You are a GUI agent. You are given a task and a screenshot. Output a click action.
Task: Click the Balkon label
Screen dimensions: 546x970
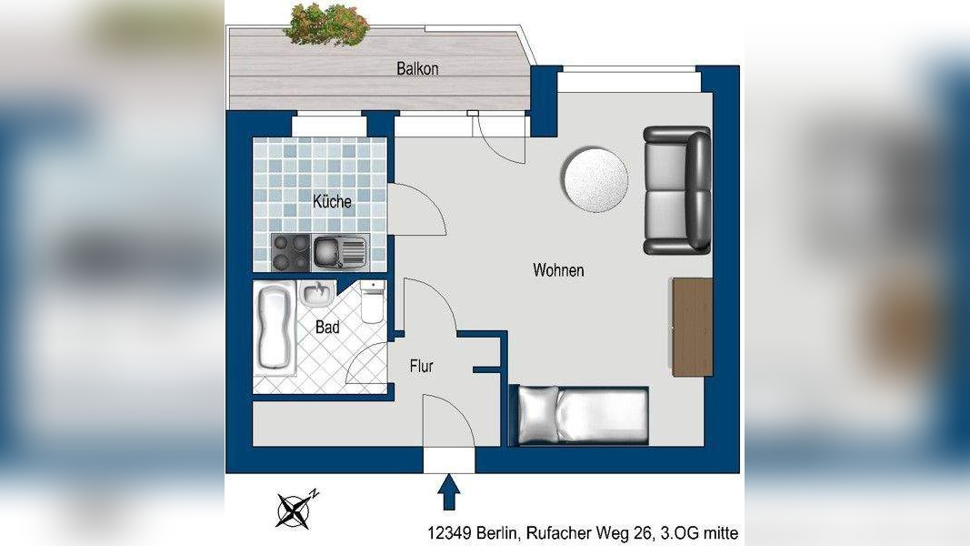point(417,68)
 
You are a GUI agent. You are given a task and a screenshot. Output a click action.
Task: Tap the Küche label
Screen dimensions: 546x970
point(332,202)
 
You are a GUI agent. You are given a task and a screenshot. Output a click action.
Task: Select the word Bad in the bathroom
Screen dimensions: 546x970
point(327,327)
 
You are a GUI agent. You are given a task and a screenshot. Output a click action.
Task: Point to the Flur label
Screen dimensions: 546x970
point(421,367)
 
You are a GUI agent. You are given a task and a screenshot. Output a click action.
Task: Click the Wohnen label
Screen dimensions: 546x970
point(558,270)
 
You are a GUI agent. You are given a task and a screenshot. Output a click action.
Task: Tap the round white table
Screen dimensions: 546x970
point(595,177)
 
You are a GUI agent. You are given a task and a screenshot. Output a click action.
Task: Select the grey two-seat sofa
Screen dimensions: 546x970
point(676,190)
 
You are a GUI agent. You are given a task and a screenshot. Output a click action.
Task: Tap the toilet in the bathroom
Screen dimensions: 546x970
point(373,302)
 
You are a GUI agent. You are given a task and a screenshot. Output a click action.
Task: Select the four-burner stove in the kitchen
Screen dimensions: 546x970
point(291,252)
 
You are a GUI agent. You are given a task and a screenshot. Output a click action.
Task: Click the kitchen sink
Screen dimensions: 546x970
point(339,251)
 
